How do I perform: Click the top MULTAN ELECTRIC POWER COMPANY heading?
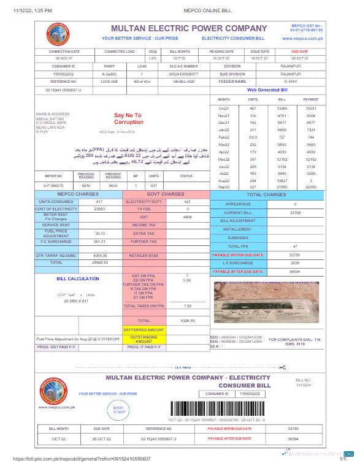click(x=189, y=28)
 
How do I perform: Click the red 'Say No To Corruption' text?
click(x=128, y=118)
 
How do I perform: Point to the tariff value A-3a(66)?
click(x=109, y=74)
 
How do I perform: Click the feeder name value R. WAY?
click(x=291, y=82)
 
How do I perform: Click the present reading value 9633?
click(x=113, y=185)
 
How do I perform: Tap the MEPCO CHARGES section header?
click(x=78, y=194)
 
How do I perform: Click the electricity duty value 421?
click(x=188, y=201)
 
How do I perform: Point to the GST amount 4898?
click(x=188, y=217)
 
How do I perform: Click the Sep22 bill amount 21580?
click(x=282, y=186)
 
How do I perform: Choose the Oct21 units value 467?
click(x=253, y=108)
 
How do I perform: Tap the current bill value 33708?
click(x=294, y=212)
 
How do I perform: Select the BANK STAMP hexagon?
click(x=119, y=410)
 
